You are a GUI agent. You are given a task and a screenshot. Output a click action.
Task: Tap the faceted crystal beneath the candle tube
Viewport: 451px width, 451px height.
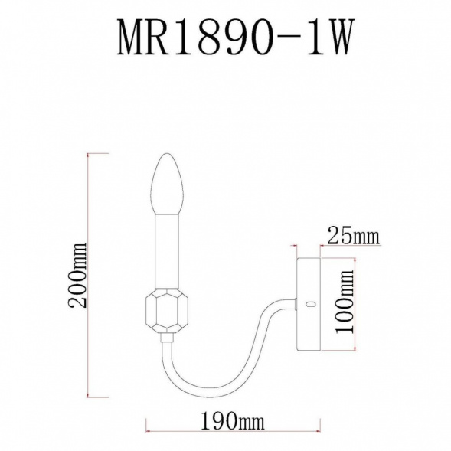pyautogui.click(x=168, y=311)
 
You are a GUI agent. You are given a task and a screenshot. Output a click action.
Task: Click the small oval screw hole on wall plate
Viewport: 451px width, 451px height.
pyautogui.click(x=311, y=304)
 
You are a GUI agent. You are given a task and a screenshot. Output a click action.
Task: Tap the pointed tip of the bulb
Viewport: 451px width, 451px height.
pyautogui.click(x=168, y=156)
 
